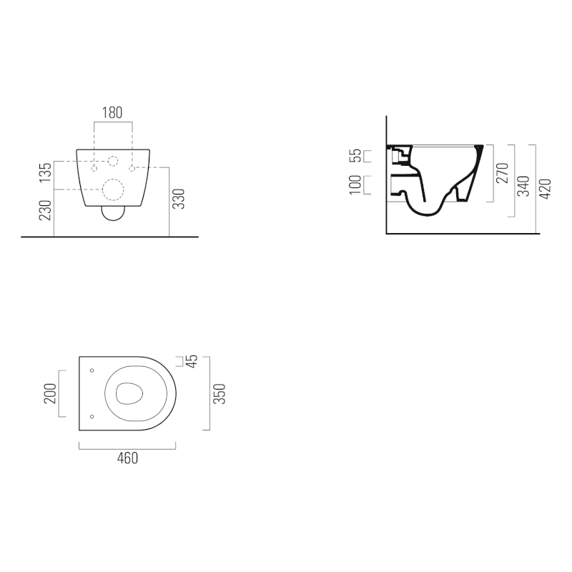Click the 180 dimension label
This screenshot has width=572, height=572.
coord(112,113)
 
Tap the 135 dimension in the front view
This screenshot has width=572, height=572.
coord(46,173)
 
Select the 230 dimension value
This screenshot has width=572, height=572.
coord(46,210)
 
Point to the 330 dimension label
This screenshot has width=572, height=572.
coord(179,199)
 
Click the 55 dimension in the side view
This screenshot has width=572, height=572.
coord(355,155)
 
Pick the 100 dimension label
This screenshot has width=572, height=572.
coord(355,185)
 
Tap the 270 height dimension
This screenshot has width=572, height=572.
coord(503,173)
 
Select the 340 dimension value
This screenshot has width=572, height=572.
coord(524,186)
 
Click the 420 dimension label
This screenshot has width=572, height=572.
coord(545,189)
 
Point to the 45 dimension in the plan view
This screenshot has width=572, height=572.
coord(192,361)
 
